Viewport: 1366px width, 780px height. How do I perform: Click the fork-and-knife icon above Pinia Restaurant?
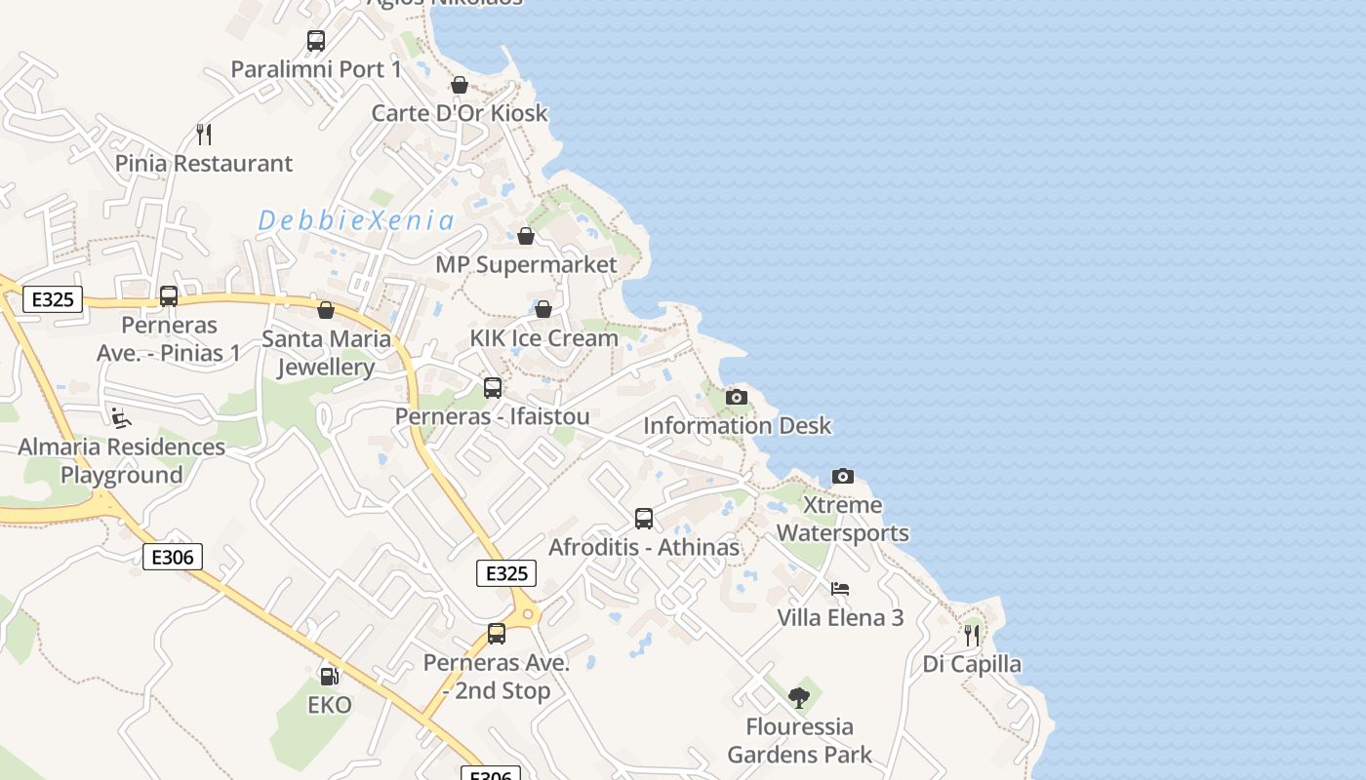(x=204, y=134)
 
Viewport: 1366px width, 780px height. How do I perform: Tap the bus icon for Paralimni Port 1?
(x=316, y=41)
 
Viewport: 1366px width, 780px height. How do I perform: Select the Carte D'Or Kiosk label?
(x=460, y=113)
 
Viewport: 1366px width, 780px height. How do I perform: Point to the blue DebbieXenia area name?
(x=356, y=220)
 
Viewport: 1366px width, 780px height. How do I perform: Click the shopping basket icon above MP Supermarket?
(x=526, y=236)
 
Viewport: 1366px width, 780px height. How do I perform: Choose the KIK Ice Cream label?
(x=544, y=338)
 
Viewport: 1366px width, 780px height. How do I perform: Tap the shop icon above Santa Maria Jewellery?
(x=326, y=310)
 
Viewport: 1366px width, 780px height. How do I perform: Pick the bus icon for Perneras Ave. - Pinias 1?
(x=169, y=296)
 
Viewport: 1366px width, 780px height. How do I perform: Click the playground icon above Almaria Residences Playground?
(x=121, y=418)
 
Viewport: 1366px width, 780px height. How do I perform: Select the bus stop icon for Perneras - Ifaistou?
(x=493, y=388)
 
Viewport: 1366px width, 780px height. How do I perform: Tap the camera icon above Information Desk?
(x=737, y=397)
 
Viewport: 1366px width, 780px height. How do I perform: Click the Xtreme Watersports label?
(x=843, y=519)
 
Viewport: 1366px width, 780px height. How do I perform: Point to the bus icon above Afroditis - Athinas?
(x=644, y=519)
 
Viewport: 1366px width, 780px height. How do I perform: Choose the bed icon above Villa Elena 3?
(x=840, y=589)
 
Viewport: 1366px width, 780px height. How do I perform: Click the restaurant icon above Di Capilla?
(x=972, y=636)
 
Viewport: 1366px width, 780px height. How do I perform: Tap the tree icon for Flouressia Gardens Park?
(x=799, y=698)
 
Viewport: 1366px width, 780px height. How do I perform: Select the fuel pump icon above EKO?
(x=330, y=676)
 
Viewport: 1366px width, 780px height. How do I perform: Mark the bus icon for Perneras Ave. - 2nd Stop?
(x=497, y=635)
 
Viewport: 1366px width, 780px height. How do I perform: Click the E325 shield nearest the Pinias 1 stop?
(x=53, y=299)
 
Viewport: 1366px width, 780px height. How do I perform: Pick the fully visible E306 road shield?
(x=173, y=557)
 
